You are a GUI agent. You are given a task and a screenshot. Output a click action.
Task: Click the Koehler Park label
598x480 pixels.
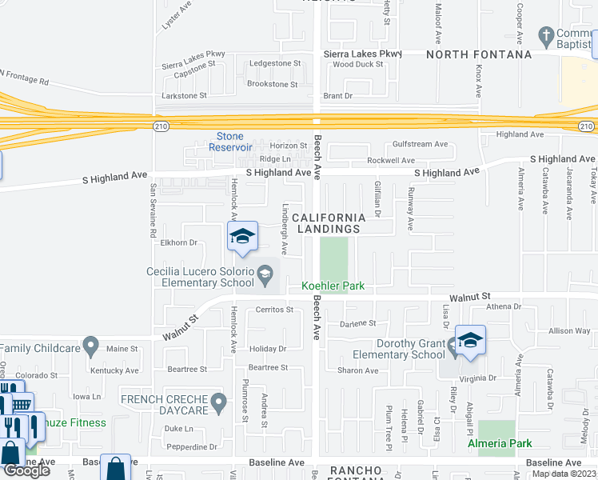pos(333,286)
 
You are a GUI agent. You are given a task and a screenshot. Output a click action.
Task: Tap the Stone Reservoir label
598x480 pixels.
pos(230,142)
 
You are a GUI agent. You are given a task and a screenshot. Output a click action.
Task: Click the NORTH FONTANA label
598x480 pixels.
pos(478,54)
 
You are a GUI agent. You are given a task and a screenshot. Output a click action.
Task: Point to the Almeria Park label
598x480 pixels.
pos(499,442)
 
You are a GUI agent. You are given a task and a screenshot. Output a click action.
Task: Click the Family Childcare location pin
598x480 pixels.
pos(91,348)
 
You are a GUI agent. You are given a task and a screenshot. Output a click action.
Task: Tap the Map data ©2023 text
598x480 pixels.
pos(564,474)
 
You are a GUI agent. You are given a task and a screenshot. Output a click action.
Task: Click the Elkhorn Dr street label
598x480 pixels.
pos(178,242)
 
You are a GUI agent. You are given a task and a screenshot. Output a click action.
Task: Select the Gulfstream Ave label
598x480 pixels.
pos(420,144)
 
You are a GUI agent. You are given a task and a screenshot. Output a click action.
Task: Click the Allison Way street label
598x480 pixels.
pos(569,330)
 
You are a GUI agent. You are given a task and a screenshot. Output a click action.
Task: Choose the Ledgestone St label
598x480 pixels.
pos(274,62)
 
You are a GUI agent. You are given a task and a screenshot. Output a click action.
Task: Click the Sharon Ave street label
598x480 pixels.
pos(357,370)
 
